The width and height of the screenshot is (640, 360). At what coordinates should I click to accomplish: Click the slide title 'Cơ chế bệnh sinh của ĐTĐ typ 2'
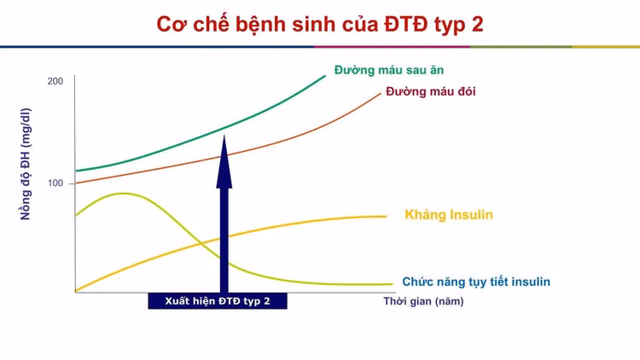click(x=320, y=25)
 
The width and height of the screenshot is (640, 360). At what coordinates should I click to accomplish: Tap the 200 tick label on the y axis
click(x=55, y=81)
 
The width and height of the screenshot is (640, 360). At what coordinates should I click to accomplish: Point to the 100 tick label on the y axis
click(x=55, y=183)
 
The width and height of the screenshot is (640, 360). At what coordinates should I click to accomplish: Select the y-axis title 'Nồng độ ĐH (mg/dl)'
click(x=26, y=164)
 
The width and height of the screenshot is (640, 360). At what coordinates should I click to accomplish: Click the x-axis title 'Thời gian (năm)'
click(x=423, y=302)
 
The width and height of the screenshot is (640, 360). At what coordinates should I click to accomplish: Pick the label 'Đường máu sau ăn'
click(x=389, y=70)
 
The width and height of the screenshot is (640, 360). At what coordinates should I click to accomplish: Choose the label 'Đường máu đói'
click(x=431, y=91)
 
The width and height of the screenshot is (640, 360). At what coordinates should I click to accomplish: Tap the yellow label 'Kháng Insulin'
click(x=449, y=215)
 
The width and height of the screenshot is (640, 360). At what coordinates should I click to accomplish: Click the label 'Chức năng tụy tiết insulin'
click(x=476, y=282)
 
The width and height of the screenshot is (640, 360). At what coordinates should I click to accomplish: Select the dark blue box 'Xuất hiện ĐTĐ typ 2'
click(x=218, y=301)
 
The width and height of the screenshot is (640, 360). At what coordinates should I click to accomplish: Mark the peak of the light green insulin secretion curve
click(x=122, y=194)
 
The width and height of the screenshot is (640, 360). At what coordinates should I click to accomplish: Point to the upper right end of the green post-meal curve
click(x=325, y=76)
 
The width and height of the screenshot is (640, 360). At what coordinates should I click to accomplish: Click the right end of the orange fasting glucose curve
click(x=381, y=94)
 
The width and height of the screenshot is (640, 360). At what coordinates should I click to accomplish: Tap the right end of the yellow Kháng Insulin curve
click(x=386, y=217)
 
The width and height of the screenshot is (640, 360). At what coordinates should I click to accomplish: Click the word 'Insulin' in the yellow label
click(x=469, y=215)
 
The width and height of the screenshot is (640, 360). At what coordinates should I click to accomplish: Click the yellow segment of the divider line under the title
click(x=606, y=47)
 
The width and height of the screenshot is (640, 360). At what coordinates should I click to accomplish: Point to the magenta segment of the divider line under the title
click(x=392, y=47)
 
